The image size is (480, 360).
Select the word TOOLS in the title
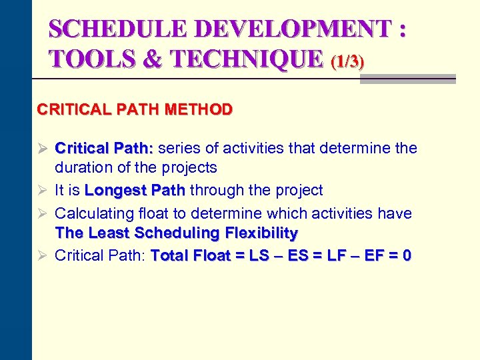tap(85, 59)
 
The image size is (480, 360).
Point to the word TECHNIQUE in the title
tap(248, 59)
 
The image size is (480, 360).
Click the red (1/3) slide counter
tap(348, 62)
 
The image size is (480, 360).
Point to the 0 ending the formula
tap(407, 255)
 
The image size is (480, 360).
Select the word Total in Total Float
tap(170, 255)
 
